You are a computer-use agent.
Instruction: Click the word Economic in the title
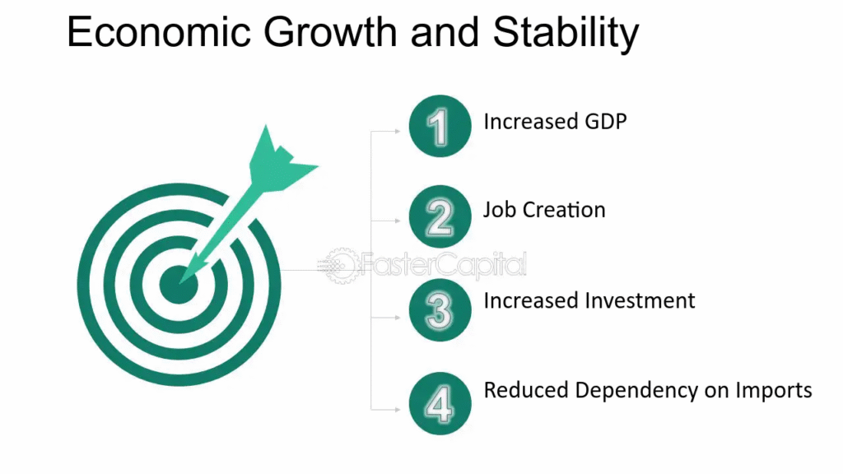[159, 32]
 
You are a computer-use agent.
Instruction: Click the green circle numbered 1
[440, 126]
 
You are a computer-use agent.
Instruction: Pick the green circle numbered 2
[440, 216]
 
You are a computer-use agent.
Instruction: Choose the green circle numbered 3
[440, 309]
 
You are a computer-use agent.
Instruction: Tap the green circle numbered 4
[440, 403]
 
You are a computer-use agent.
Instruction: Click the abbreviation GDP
[606, 122]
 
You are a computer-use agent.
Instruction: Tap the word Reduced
[525, 390]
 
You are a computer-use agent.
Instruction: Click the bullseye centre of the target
[178, 284]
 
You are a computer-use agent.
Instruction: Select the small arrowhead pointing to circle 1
[398, 131]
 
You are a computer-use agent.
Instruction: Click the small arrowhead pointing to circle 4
[398, 410]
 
